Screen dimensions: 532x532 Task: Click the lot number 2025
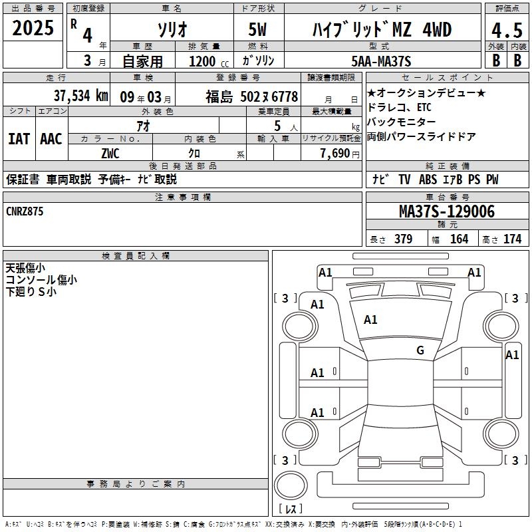[33, 29]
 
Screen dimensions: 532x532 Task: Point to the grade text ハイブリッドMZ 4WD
[382, 30]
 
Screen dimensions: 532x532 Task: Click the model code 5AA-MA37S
[381, 61]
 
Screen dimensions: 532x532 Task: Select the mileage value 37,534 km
[80, 95]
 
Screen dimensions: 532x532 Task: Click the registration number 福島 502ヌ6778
[251, 96]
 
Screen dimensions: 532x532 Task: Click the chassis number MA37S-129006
[446, 211]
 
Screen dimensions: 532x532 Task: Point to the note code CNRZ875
[26, 211]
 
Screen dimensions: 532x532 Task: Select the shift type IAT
[19, 139]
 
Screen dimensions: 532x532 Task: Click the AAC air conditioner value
[51, 139]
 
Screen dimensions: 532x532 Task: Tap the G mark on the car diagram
[420, 350]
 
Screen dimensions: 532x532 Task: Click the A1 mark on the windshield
[370, 320]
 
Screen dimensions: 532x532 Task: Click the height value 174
[512, 239]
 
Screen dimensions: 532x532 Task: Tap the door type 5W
[259, 30]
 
